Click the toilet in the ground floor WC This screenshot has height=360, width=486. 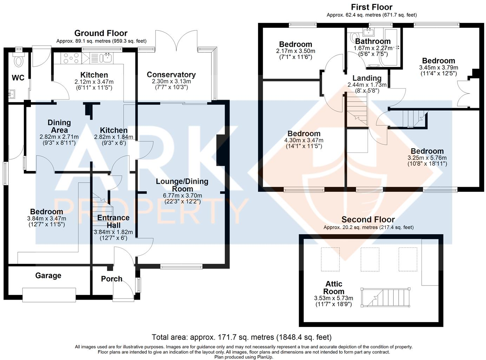click(x=18, y=60)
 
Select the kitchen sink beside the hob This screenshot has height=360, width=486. click(x=106, y=58)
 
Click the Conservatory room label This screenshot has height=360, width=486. click(x=171, y=74)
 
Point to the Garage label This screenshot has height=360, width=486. click(x=48, y=276)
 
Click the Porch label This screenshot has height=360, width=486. click(x=112, y=279)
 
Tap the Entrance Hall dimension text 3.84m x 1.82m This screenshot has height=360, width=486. click(x=113, y=232)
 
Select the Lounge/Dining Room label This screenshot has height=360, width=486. click(x=182, y=185)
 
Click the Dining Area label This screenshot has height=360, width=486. click(x=59, y=126)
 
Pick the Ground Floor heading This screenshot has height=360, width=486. click(x=101, y=33)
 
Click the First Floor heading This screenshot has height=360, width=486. click(x=372, y=7)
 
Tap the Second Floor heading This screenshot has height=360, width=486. click(x=368, y=220)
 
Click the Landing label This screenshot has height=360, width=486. click(x=367, y=78)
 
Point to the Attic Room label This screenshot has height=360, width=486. click(x=334, y=288)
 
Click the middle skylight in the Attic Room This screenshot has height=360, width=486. click(x=370, y=259)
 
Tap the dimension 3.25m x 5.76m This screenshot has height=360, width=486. click(x=427, y=158)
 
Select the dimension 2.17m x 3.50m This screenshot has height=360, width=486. click(x=295, y=51)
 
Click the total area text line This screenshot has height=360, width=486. click(x=242, y=338)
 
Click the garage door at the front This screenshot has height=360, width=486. click(x=49, y=295)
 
